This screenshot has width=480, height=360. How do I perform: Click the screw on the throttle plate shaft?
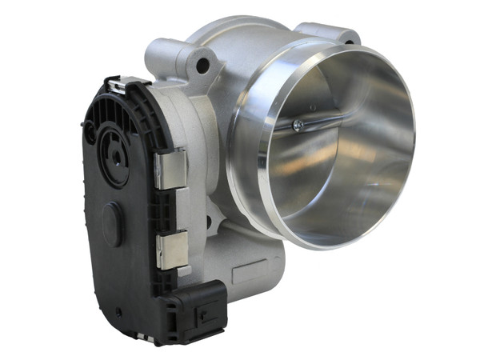point(298,124)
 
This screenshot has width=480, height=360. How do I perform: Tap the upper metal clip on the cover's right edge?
point(170,170)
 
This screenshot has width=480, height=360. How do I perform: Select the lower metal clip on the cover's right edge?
point(171,250)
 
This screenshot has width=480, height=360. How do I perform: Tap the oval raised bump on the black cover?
point(112,222)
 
